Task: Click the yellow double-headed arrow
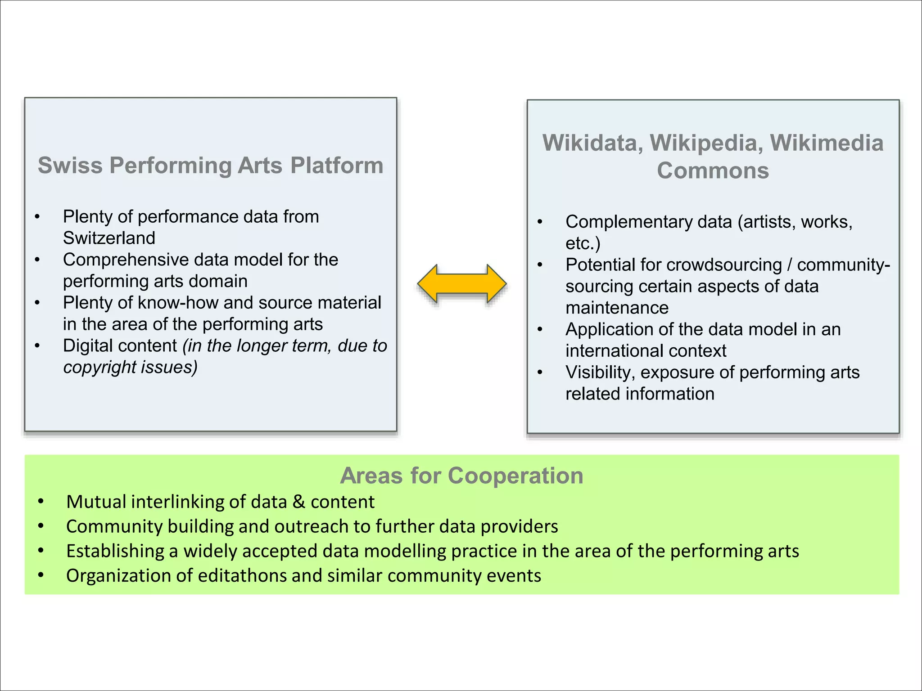[462, 284]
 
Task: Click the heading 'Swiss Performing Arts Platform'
[210, 165]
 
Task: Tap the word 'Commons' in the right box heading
[713, 171]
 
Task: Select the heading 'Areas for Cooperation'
[461, 476]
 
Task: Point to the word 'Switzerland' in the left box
[109, 238]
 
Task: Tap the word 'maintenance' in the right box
[617, 308]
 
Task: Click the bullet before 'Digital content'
[38, 346]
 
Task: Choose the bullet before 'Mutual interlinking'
[41, 502]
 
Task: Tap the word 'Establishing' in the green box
[115, 551]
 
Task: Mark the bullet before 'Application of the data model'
[540, 330]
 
